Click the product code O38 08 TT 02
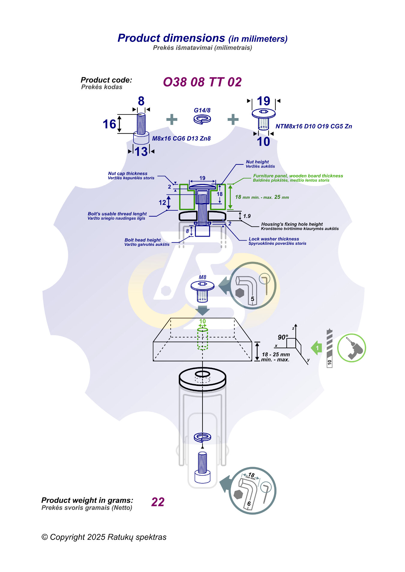pos(202,82)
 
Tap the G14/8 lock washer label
pos(202,110)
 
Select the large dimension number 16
pos(109,124)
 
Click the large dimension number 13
pos(141,152)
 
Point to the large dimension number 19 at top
pos(263,101)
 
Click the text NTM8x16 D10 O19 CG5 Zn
pos(313,126)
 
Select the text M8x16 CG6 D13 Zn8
pos(181,138)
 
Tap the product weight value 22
pos(158,502)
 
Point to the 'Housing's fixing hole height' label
pos(300,226)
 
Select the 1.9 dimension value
pos(247,216)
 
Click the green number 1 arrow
pos(317,348)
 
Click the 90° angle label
pos(283,337)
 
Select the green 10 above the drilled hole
pos(202,321)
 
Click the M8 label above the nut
pos(202,277)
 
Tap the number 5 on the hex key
pos(253,299)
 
